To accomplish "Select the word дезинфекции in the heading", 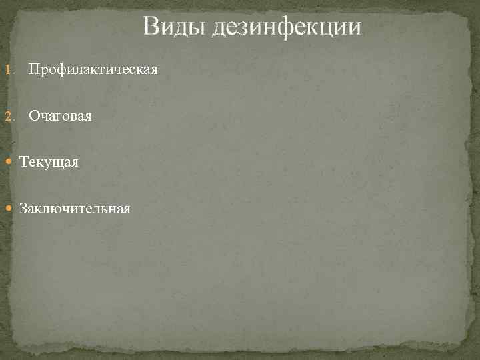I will tap(287, 27).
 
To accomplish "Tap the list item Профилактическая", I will tap(93, 69).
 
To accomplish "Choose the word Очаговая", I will tap(60, 116).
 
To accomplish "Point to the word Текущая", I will tap(49, 162).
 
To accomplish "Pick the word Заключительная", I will tap(75, 209).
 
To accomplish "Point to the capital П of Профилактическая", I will tap(33, 69).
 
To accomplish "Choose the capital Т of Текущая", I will tap(24, 162).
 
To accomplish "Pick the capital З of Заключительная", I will tap(23, 209).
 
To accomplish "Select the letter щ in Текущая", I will tap(60, 163).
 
